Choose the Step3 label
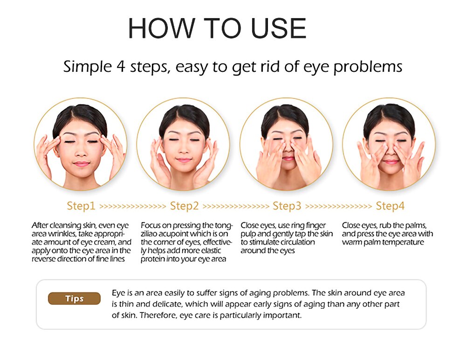click(x=287, y=206)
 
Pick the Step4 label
click(x=390, y=206)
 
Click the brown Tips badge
click(x=74, y=299)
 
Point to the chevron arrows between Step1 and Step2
click(x=133, y=206)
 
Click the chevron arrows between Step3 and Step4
click(x=339, y=206)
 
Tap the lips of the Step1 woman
click(x=81, y=164)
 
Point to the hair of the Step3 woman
click(x=285, y=114)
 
